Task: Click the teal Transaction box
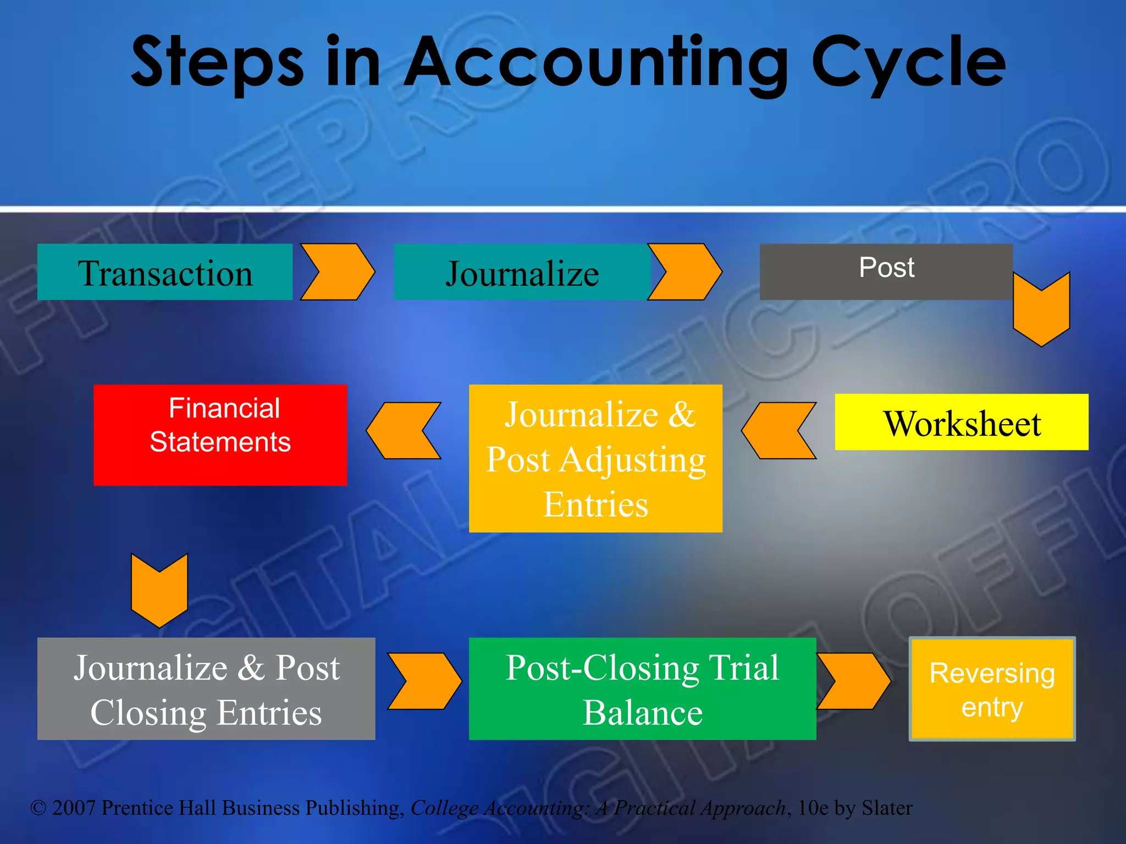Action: pos(164,272)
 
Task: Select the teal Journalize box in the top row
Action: pos(521,272)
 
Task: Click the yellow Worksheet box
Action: pos(961,422)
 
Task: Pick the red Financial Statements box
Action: pos(220,435)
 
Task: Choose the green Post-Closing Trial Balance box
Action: pos(642,688)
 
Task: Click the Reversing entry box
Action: pos(992,689)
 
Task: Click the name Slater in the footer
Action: pos(887,808)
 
